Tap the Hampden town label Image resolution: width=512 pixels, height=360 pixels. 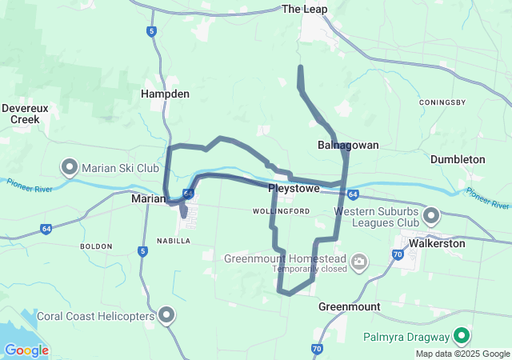pos(165,94)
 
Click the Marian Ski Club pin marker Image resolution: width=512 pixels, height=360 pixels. pos(70,166)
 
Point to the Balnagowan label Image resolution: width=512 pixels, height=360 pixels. pos(348,145)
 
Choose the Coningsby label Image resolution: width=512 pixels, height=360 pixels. pos(442,102)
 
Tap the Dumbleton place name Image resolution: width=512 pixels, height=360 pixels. pos(458,159)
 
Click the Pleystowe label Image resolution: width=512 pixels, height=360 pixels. pos(294,189)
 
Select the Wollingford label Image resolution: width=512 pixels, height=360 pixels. pos(281,211)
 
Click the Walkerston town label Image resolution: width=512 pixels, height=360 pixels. pos(436,243)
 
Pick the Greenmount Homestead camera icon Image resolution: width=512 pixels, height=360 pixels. pos(360,260)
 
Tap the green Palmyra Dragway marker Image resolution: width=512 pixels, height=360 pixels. pos(462,335)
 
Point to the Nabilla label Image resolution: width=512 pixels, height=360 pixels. pos(174,240)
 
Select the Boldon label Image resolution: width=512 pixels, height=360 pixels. pos(97,246)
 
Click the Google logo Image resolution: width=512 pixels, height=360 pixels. pos(26,350)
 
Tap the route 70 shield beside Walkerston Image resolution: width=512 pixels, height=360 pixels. pos(398,255)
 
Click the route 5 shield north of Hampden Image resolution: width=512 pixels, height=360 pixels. pos(151,31)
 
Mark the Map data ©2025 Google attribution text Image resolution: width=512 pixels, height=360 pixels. pos(462,354)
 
